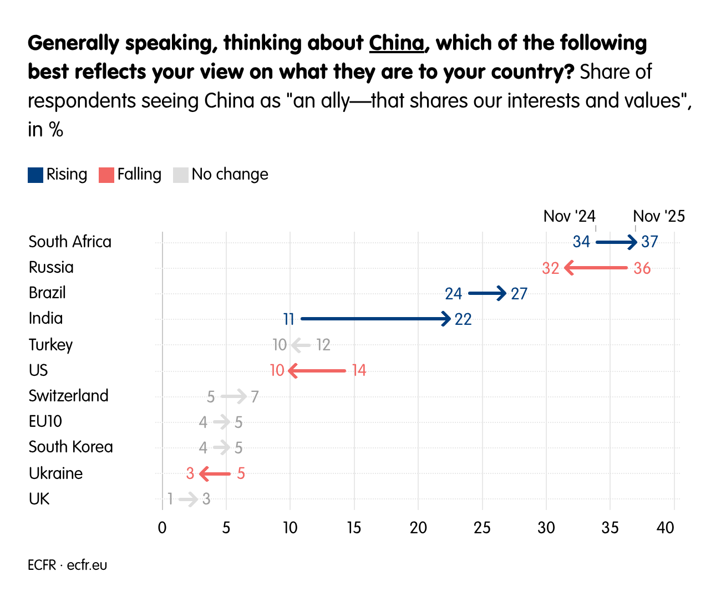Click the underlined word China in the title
click(x=397, y=43)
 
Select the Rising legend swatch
click(x=35, y=175)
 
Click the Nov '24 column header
click(x=569, y=216)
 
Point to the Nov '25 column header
click(x=659, y=216)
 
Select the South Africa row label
click(x=70, y=242)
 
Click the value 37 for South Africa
click(x=649, y=242)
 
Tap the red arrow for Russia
click(x=596, y=268)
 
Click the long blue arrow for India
click(x=375, y=319)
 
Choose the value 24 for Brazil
click(x=453, y=293)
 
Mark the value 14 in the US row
click(x=359, y=370)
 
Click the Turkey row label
click(x=50, y=345)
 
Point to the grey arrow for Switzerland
click(x=233, y=396)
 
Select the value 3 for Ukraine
click(x=190, y=473)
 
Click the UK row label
click(x=39, y=499)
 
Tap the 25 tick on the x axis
click(x=482, y=528)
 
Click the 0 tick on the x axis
click(x=162, y=528)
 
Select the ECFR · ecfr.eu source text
click(x=67, y=565)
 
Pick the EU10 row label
click(x=45, y=421)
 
